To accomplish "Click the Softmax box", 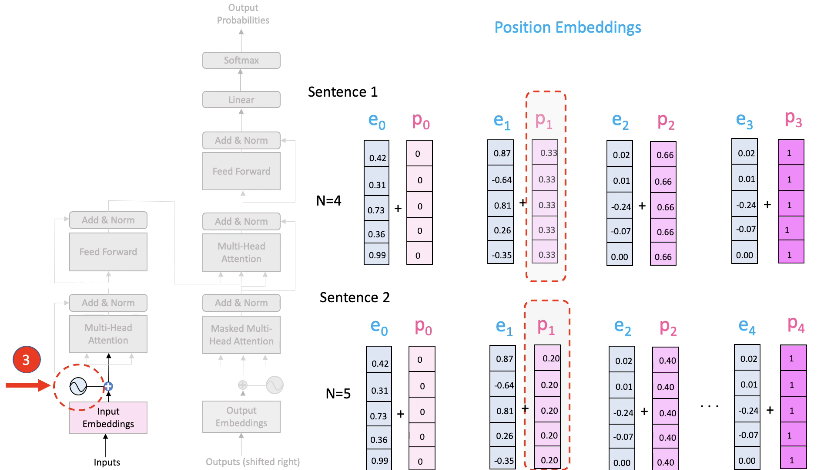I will tap(241, 60).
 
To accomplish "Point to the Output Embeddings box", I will tap(241, 417).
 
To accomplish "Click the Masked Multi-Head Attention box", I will tap(241, 335).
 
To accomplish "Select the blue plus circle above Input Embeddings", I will tap(108, 386).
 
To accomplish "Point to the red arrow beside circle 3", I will tap(28, 385).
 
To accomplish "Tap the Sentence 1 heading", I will tap(343, 92).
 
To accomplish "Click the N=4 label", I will tap(328, 200).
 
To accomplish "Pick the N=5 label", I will tap(338, 393).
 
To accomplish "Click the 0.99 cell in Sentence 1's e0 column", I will tap(377, 255).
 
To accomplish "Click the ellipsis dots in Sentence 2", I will tap(709, 406).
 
